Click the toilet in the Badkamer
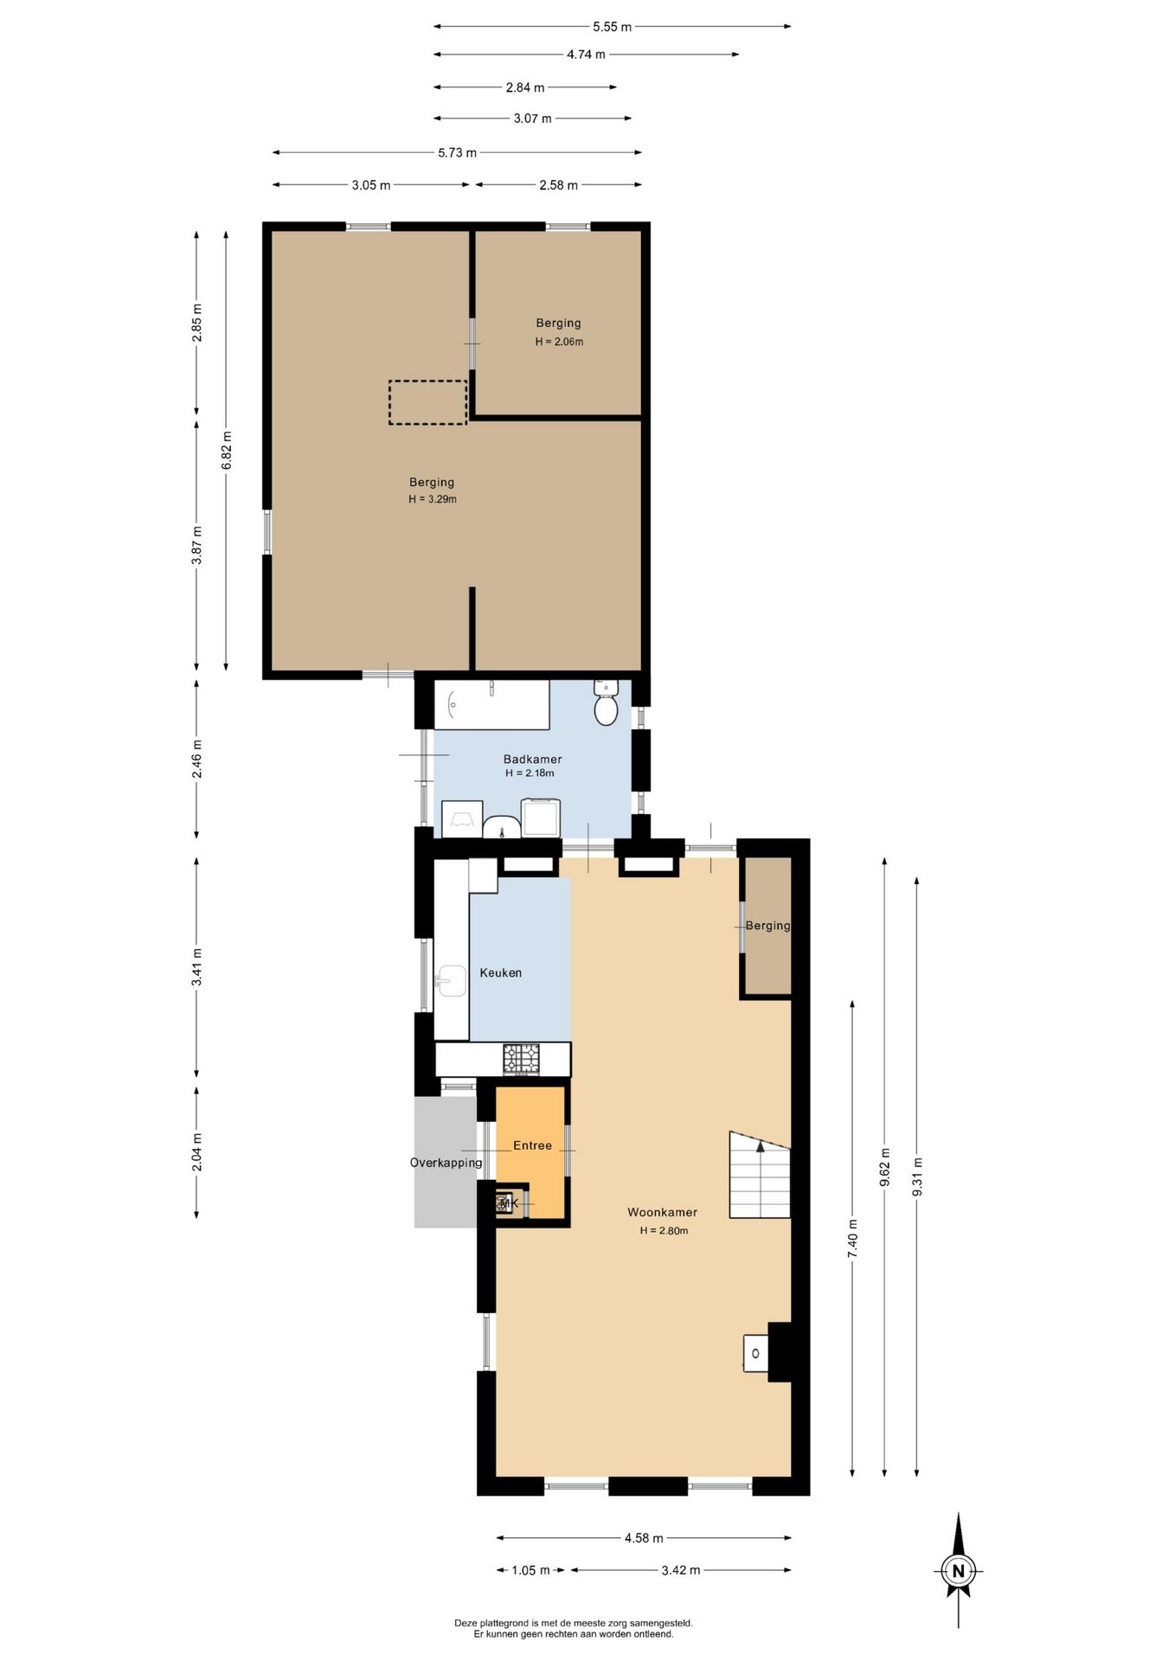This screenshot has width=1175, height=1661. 606,702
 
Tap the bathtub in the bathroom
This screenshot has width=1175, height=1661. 491,705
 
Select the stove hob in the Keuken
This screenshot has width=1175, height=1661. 521,1059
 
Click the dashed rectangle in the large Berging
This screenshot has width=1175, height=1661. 427,402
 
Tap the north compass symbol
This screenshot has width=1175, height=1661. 958,1570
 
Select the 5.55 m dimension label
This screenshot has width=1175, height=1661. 612,27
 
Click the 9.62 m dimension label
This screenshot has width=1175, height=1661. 884,1167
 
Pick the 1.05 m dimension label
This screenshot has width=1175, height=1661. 530,1570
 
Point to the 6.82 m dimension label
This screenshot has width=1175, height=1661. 227,450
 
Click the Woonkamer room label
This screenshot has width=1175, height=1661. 663,1212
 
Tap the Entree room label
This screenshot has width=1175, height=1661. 532,1145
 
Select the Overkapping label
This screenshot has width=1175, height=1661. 446,1163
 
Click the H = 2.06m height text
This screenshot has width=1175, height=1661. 559,342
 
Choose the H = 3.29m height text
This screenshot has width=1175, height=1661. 433,499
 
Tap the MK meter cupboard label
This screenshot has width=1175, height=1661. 509,1203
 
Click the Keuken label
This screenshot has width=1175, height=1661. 501,972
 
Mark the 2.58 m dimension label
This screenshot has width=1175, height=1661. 558,185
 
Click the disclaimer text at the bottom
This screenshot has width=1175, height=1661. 574,1629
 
